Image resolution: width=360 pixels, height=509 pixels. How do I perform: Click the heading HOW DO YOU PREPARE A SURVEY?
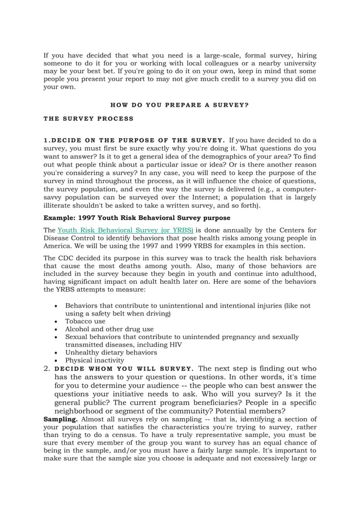click(179, 105)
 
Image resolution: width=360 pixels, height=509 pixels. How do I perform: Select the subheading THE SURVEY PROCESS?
click(89, 119)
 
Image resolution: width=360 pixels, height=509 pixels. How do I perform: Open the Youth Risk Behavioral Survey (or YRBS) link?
click(125, 230)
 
